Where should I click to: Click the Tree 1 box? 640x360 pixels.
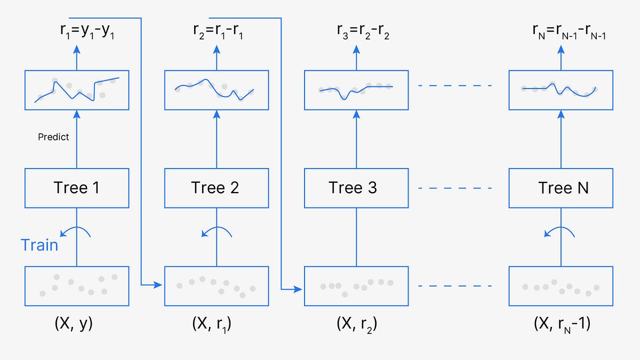coord(77,188)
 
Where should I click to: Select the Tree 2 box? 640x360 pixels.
coord(216,188)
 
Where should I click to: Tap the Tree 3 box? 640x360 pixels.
coord(356,188)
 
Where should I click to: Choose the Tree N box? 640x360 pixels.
coord(561,188)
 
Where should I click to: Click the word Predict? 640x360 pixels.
coord(53,137)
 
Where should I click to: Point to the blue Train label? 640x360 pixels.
coord(39,245)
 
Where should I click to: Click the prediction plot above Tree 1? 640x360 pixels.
coord(77,90)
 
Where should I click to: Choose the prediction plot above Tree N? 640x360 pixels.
coord(561,90)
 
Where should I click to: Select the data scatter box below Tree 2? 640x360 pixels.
coord(216,286)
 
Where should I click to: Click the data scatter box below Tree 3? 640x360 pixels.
coord(356,286)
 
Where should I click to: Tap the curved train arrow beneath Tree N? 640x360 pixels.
coord(559,232)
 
